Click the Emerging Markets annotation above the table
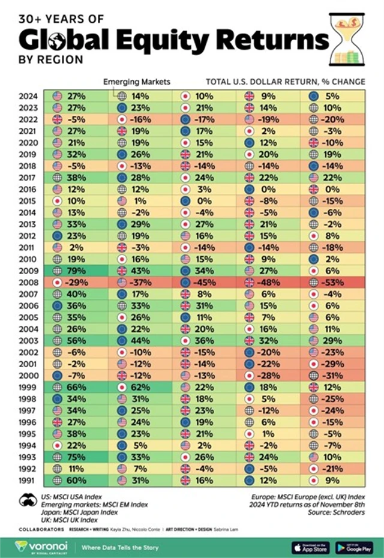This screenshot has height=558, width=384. (x=137, y=81)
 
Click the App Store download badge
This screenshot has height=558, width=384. (x=310, y=547)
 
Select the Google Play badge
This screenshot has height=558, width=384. (x=355, y=547)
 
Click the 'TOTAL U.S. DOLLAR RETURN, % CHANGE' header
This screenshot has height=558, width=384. (x=286, y=81)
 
